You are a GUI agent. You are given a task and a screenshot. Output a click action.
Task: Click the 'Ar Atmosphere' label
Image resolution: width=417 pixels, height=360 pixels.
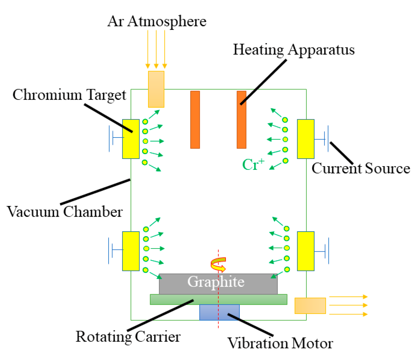click(x=157, y=21)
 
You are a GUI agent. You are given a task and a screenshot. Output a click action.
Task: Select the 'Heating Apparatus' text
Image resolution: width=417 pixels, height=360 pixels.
click(x=294, y=50)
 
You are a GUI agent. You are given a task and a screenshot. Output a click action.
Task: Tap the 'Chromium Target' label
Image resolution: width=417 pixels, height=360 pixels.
click(x=69, y=95)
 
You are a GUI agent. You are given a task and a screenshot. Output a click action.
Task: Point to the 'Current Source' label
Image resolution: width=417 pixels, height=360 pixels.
click(x=361, y=168)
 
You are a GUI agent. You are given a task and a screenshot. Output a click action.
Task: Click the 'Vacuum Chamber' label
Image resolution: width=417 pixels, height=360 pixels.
click(x=65, y=212)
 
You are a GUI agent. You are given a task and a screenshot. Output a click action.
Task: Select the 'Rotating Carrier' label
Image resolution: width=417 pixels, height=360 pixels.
click(x=128, y=337)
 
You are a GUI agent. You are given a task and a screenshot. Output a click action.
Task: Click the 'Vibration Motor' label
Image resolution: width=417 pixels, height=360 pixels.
click(x=280, y=343)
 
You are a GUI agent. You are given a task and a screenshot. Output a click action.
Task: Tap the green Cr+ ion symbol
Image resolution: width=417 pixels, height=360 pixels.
click(x=253, y=164)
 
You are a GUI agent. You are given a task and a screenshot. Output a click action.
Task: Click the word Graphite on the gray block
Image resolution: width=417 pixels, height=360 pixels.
click(x=216, y=282)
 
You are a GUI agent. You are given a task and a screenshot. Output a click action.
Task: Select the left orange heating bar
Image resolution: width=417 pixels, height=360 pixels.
click(x=195, y=120)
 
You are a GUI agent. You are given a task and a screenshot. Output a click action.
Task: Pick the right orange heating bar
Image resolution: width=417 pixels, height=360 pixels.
click(x=241, y=120)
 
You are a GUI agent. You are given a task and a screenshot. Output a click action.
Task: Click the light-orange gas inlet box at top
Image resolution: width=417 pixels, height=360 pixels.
click(x=156, y=89)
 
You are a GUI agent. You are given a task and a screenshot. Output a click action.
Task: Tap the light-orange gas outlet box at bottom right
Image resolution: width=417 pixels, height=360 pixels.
click(x=310, y=306)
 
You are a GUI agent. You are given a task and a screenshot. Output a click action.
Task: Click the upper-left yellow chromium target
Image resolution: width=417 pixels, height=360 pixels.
click(x=131, y=139)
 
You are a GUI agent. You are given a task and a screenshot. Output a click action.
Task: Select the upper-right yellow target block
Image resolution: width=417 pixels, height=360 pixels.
click(x=306, y=139)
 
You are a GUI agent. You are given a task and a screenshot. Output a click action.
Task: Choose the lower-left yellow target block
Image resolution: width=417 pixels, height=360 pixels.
click(x=131, y=251)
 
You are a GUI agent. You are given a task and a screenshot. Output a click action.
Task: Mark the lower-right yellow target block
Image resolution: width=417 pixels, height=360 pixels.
click(x=306, y=251)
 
